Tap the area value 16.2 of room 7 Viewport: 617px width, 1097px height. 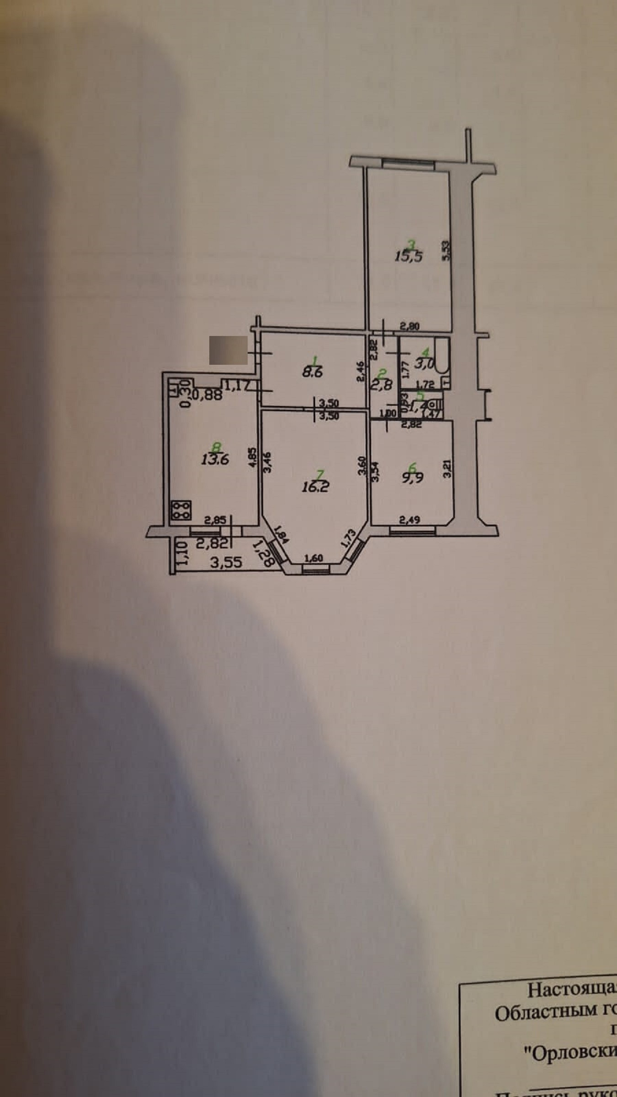[315, 487]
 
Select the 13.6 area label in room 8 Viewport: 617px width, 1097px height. [214, 459]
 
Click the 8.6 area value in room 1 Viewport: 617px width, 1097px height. [312, 372]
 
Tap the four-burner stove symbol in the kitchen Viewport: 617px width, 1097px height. [181, 510]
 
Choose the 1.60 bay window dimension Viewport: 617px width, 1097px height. [314, 558]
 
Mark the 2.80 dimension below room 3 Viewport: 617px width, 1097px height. [410, 326]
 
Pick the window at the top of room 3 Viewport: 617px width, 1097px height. [408, 163]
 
